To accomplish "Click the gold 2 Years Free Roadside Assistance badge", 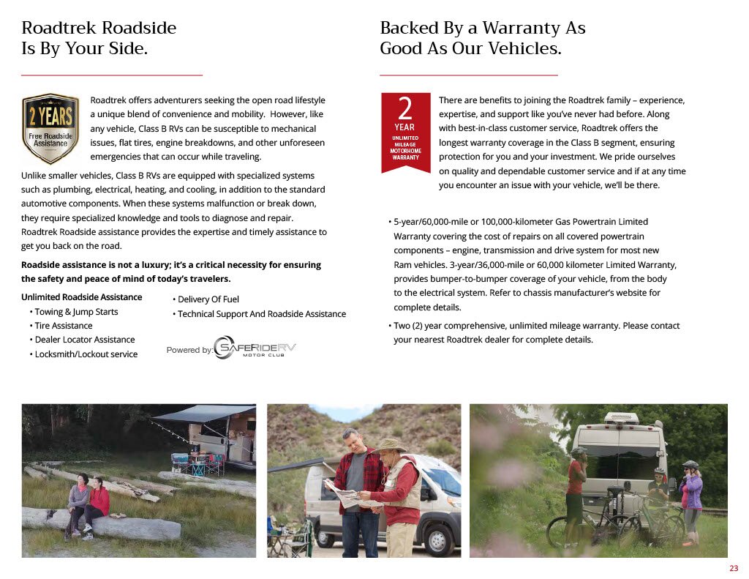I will click(50, 128).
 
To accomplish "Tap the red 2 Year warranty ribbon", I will click(405, 132).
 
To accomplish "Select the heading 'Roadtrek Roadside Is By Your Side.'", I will click(99, 39).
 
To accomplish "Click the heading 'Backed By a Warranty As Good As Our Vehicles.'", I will click(482, 39).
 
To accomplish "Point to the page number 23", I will click(734, 569).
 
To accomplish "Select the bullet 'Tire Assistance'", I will click(64, 326).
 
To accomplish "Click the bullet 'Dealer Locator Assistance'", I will click(84, 340).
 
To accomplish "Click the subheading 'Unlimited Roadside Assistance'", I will click(81, 297).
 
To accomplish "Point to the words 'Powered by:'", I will click(189, 350).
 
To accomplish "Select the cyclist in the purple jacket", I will click(690, 498).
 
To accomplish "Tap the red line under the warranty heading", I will click(468, 75).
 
